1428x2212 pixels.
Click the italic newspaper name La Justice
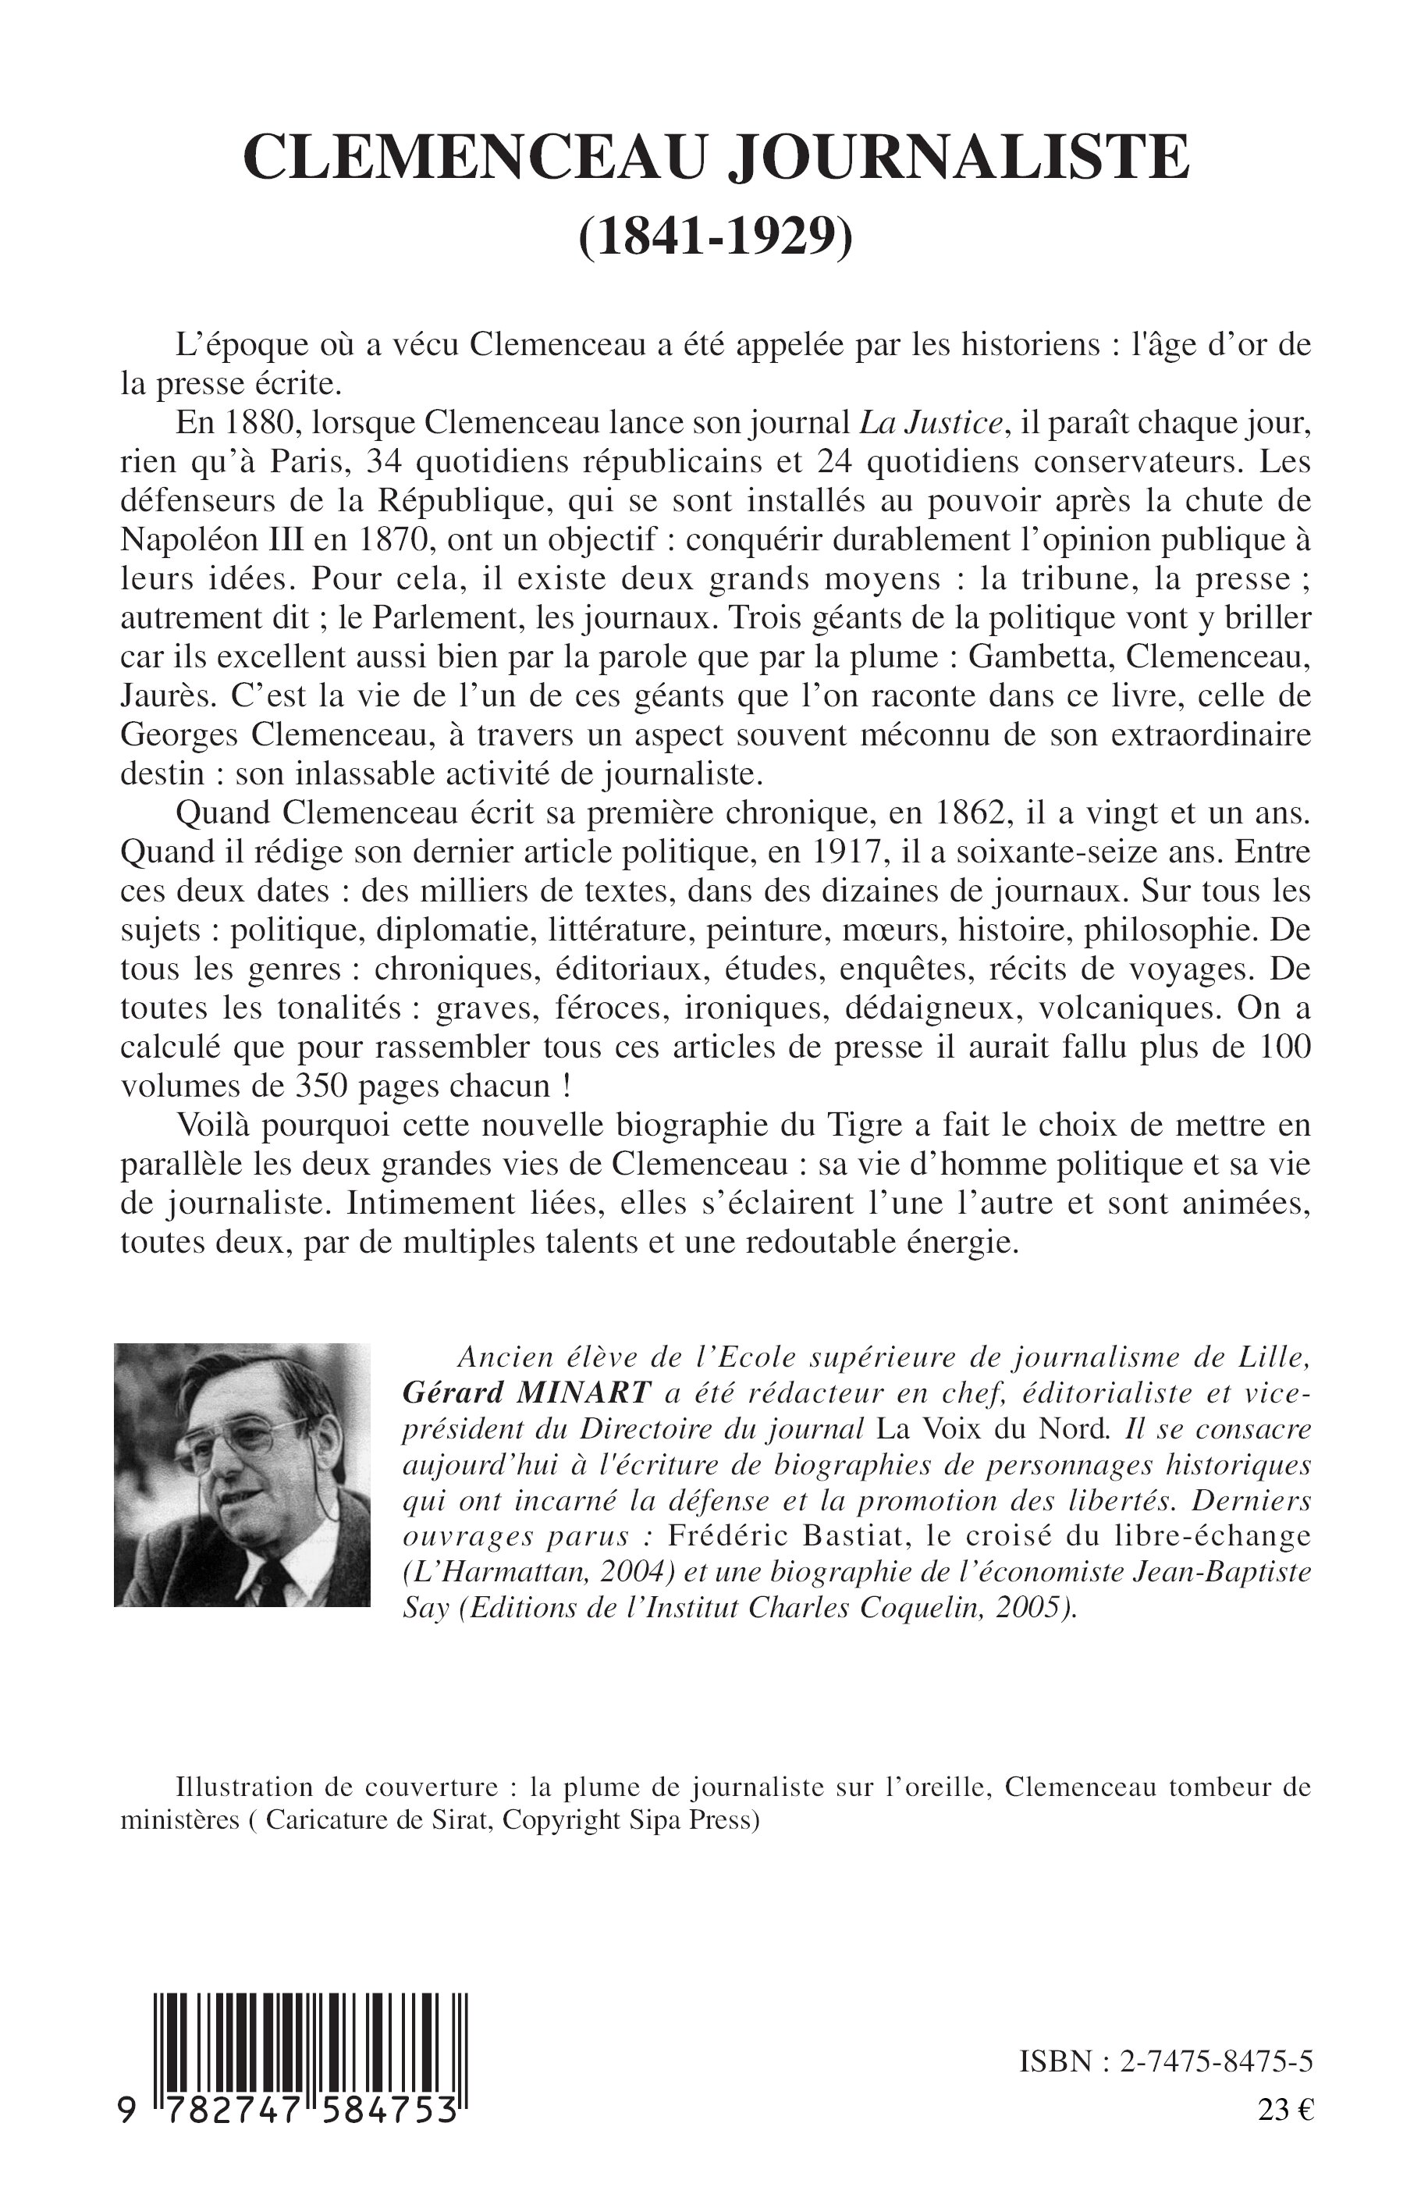(x=931, y=423)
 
